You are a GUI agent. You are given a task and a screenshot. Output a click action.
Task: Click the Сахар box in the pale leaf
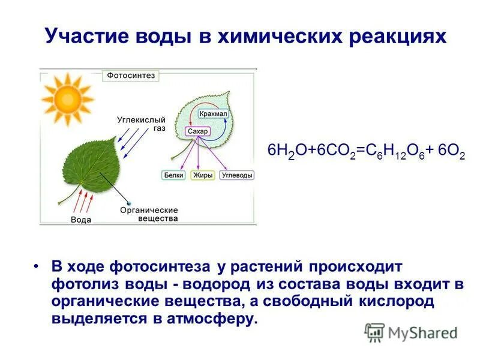click(197, 131)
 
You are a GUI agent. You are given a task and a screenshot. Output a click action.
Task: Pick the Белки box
click(173, 176)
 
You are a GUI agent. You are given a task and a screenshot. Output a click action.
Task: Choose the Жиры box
click(202, 176)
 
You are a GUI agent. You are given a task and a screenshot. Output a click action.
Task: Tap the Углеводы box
click(236, 176)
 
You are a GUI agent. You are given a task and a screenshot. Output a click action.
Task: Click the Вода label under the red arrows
click(81, 220)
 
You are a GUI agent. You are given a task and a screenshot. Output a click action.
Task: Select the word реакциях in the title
click(395, 37)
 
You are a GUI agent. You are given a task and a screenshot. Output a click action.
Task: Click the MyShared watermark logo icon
click(374, 332)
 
